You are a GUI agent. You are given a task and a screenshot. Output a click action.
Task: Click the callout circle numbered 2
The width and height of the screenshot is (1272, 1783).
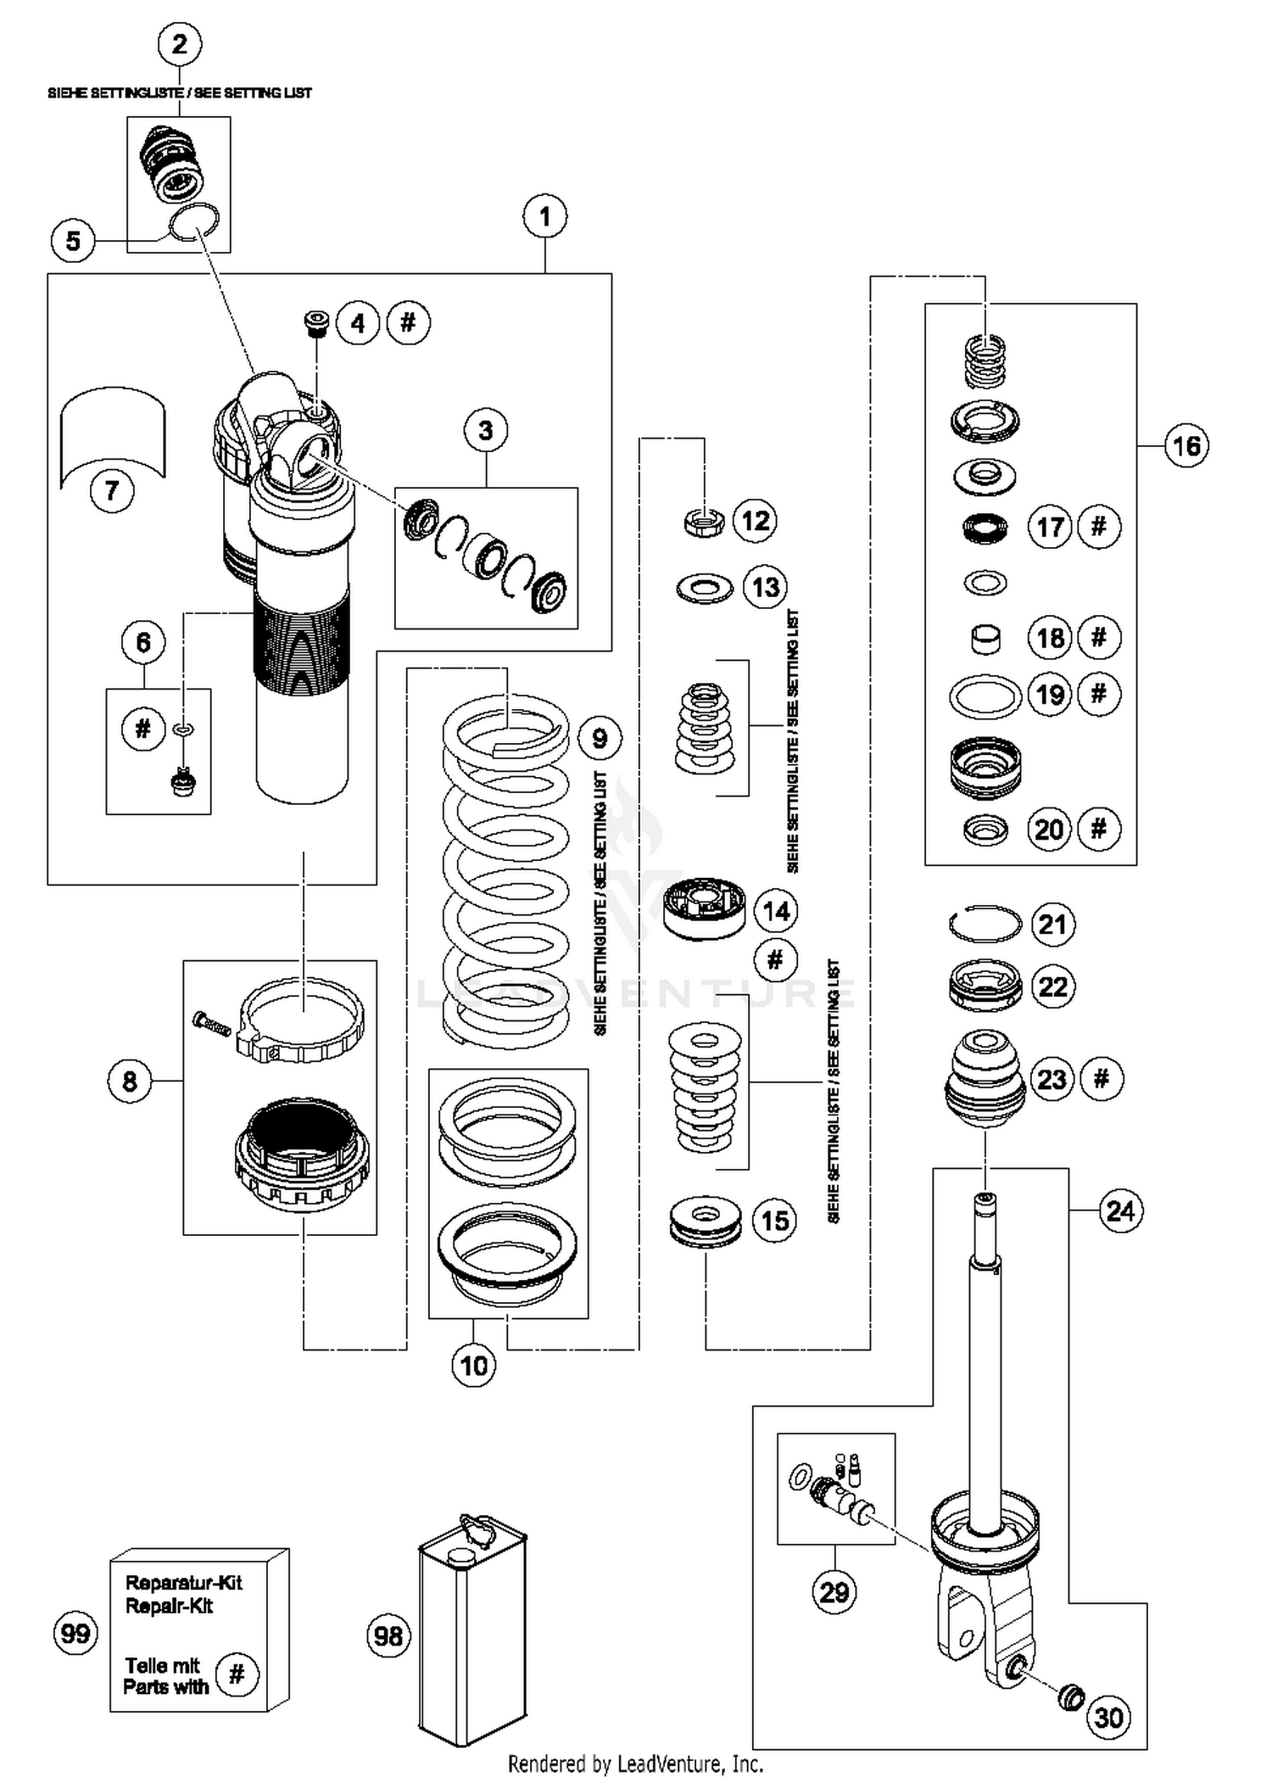[180, 44]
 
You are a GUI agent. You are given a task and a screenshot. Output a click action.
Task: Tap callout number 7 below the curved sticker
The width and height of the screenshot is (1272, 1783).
[112, 491]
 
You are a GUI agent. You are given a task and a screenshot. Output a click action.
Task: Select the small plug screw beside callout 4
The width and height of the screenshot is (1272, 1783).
[316, 323]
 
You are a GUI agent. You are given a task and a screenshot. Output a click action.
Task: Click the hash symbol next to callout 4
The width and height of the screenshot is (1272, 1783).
[408, 322]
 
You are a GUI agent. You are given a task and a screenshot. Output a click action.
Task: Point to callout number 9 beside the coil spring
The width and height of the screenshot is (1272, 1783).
[600, 738]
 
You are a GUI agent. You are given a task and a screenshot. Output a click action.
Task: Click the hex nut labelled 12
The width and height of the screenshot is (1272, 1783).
[705, 521]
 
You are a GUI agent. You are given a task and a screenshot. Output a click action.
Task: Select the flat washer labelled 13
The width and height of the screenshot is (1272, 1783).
[705, 588]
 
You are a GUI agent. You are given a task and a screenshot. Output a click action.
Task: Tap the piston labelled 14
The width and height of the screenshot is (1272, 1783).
[704, 909]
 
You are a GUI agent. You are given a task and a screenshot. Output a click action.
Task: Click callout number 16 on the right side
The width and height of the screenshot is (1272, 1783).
[1186, 446]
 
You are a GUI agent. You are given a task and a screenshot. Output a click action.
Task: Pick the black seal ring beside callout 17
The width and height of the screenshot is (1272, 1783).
[985, 528]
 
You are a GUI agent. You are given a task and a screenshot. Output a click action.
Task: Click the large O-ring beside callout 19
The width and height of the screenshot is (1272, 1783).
[985, 697]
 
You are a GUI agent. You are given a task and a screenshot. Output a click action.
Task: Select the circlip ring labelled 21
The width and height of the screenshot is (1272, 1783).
[985, 924]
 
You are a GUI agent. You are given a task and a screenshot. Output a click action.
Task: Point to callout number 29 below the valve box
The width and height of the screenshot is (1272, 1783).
[834, 1591]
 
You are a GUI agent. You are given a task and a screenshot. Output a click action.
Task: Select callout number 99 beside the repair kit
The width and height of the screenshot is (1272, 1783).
[75, 1633]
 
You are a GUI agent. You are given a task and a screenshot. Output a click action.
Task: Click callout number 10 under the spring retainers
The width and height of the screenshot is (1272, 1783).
[474, 1366]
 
